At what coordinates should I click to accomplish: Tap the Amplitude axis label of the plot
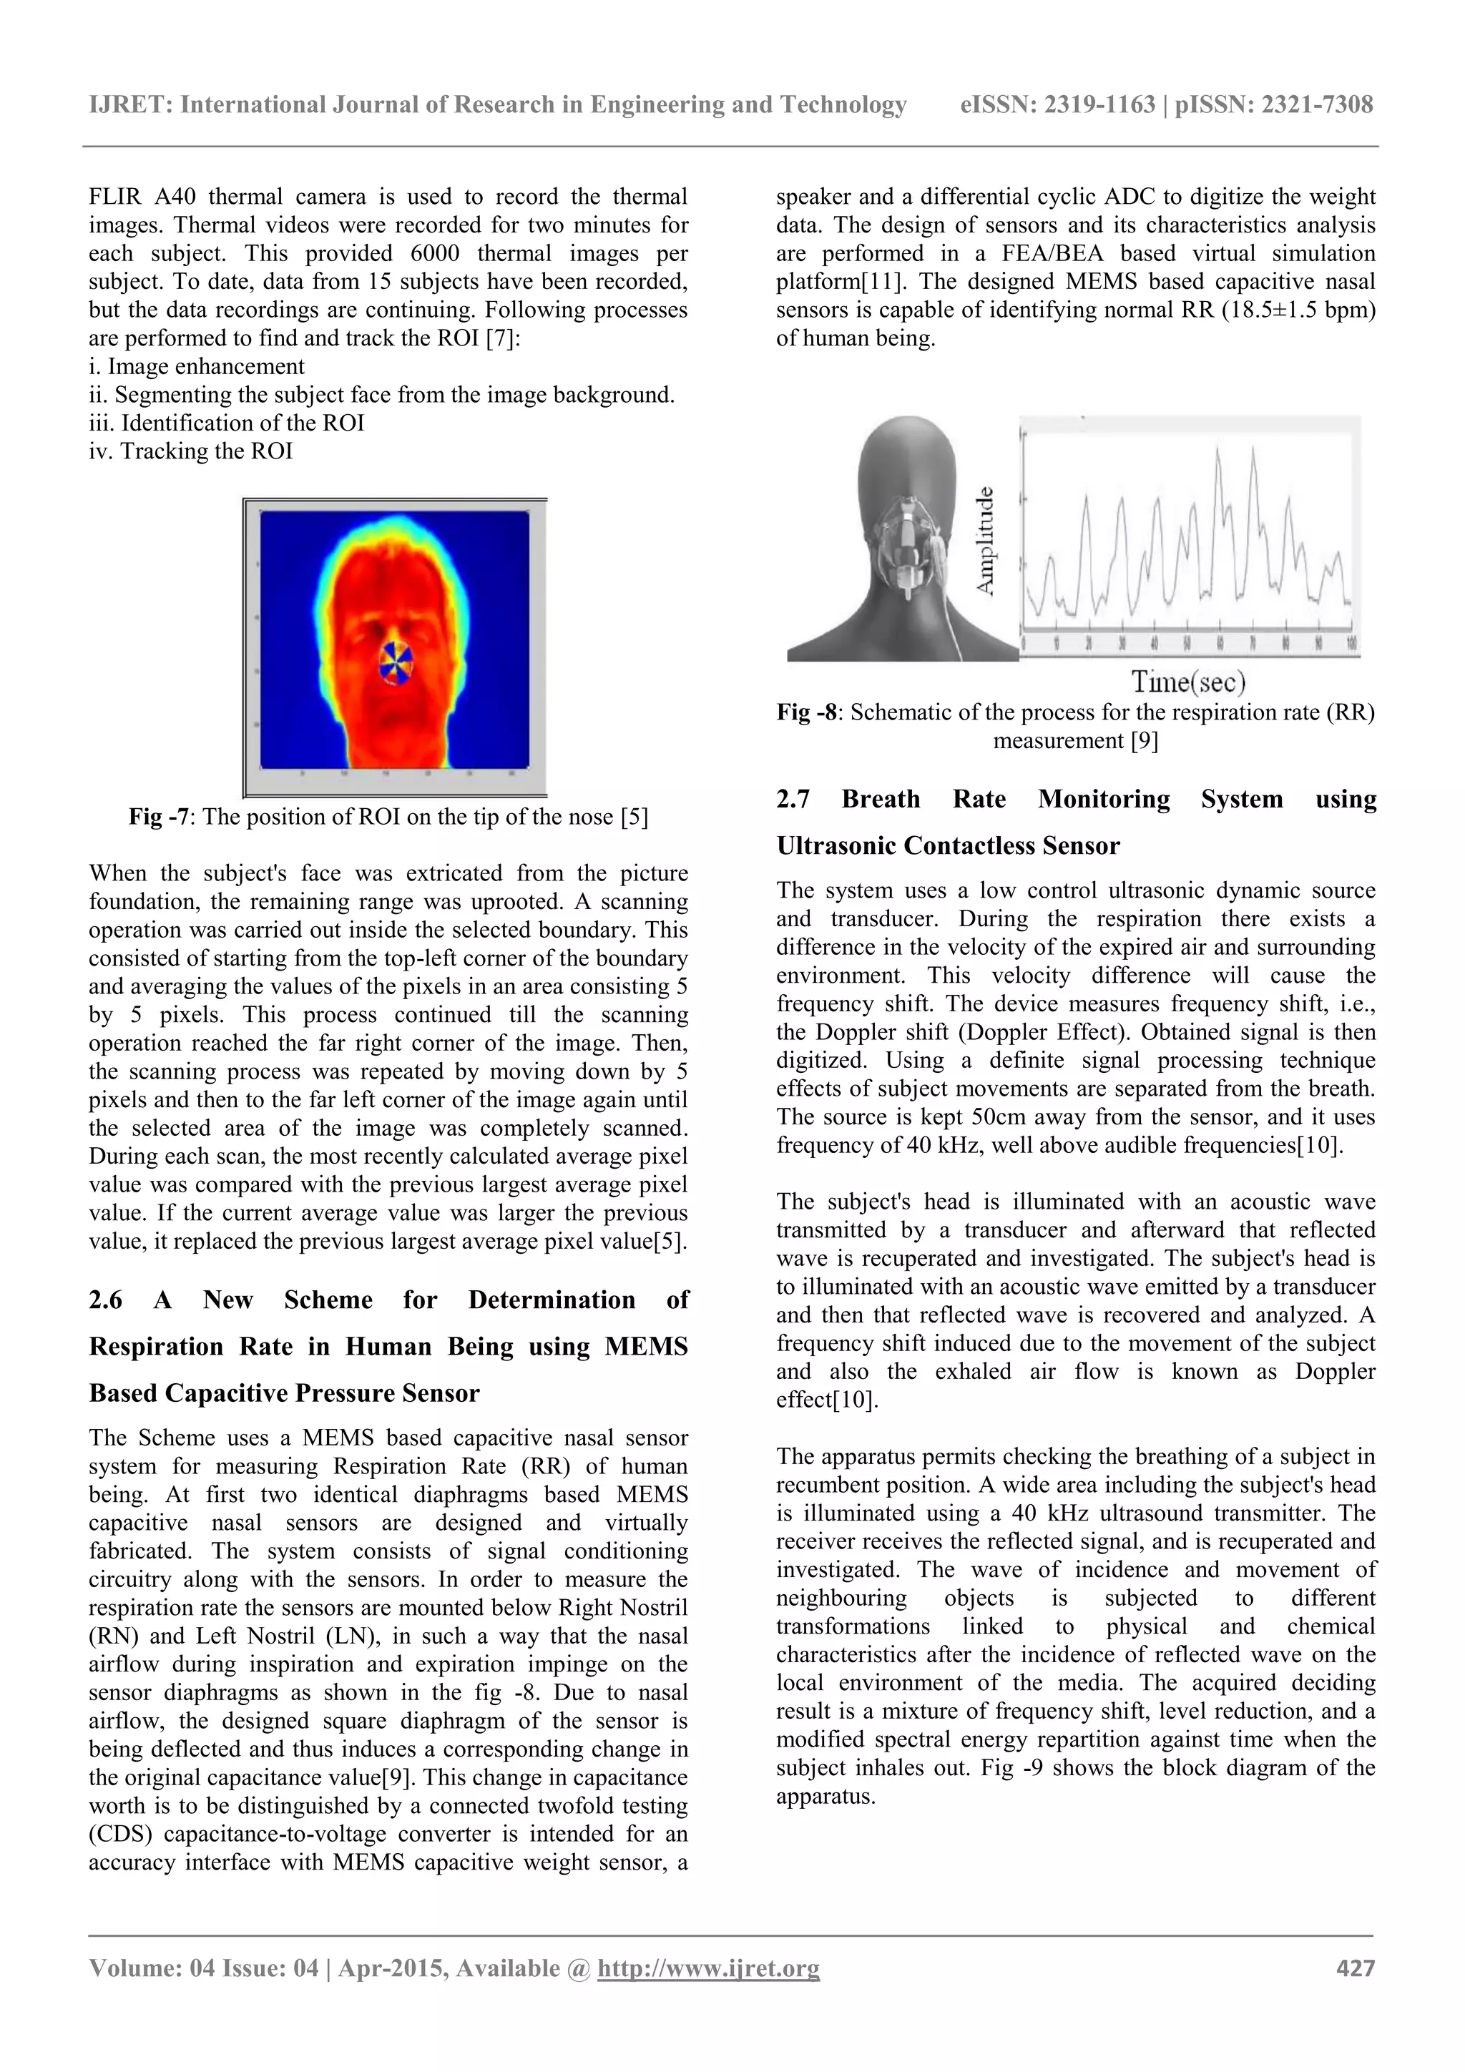(x=986, y=541)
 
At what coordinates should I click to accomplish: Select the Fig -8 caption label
(x=808, y=712)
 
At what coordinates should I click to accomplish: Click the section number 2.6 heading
(x=106, y=1300)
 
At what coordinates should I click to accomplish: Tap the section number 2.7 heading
(x=793, y=799)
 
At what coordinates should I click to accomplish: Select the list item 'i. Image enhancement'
(x=197, y=366)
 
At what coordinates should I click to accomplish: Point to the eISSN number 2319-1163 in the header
(x=1099, y=104)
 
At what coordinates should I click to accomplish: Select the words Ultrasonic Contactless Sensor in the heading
(x=948, y=845)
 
